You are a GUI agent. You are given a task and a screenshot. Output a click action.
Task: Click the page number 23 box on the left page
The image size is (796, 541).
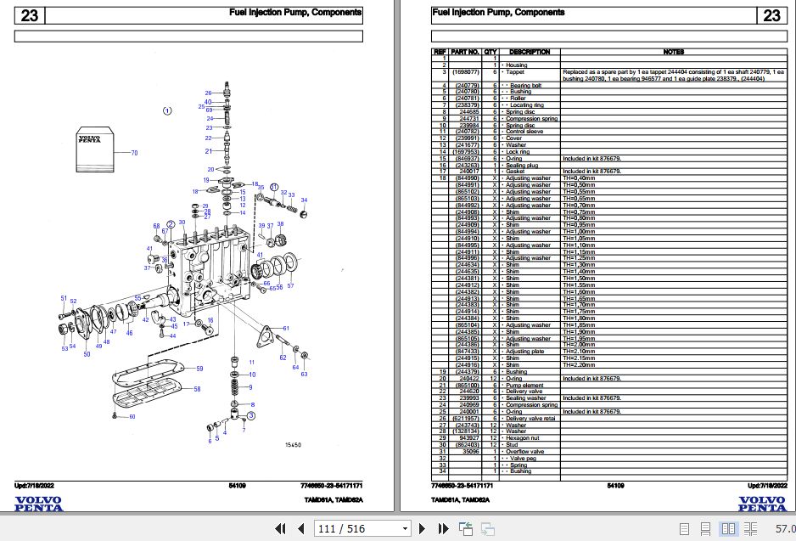pos(30,15)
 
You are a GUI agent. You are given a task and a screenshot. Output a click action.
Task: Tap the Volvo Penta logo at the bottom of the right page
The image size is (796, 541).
pos(761,503)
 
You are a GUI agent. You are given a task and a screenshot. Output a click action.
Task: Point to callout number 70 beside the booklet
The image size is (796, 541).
pos(133,153)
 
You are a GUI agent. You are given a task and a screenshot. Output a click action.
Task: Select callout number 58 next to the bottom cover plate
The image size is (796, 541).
pos(197,389)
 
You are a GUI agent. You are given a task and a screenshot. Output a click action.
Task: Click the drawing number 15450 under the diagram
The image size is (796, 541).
pos(293,445)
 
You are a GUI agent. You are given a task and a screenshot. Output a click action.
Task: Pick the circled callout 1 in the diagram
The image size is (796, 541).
pos(167,110)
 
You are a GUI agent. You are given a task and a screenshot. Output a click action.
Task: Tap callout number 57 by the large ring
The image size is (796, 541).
pos(290,286)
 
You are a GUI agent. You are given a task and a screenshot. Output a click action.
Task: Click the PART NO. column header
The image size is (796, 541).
pos(465,52)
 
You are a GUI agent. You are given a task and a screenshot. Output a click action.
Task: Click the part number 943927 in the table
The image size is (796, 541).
pos(469,438)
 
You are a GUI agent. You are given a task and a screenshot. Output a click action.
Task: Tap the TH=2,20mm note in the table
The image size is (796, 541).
pos(578,365)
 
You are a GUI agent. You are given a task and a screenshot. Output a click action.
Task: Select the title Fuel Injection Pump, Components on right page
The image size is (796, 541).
pos(498,13)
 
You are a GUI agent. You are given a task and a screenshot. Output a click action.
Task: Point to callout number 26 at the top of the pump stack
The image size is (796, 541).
pos(208,93)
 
